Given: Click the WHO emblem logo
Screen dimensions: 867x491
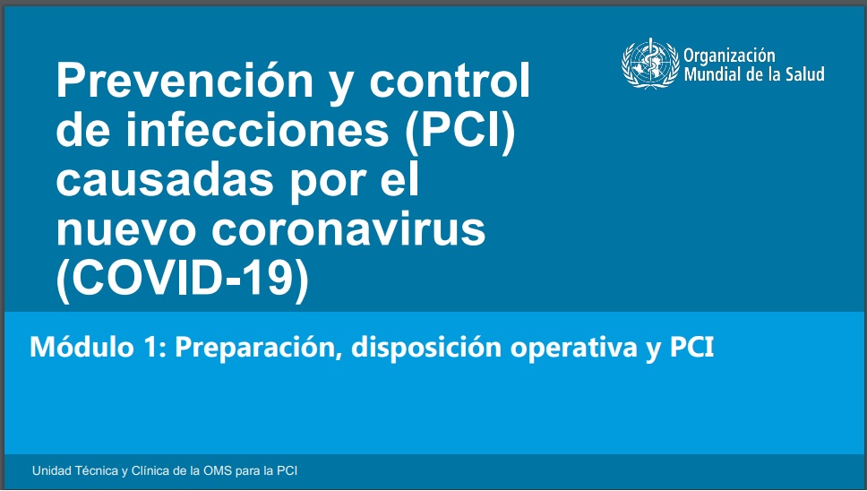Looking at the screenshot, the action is (x=650, y=64).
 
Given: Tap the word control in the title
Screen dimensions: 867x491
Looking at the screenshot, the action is (x=450, y=80).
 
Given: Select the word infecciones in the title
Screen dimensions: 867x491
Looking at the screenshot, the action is (x=257, y=130).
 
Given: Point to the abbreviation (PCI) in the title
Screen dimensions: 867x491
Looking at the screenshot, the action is (x=460, y=132).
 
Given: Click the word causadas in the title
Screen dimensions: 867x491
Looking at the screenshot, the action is (x=165, y=180).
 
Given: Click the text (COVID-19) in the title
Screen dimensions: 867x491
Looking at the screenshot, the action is (x=183, y=280).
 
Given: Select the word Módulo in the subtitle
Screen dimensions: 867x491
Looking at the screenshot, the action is (x=82, y=348).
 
